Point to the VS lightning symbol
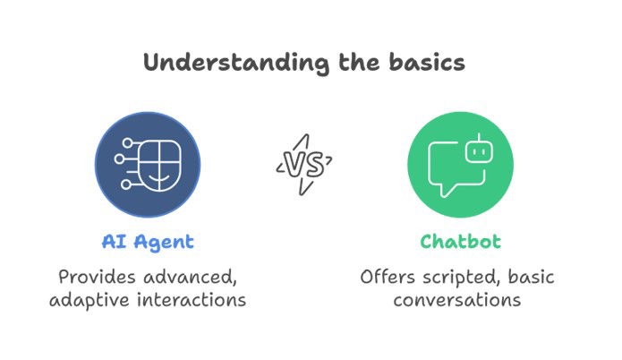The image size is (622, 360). point(304,164)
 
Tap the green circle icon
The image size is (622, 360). point(459,161)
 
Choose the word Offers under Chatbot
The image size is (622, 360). point(389,276)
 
